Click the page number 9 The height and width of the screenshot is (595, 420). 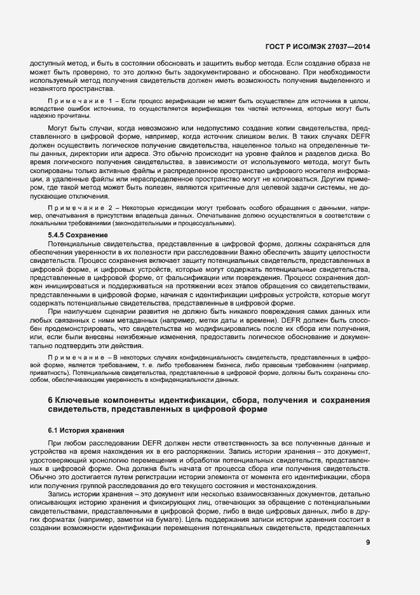[x=368, y=543]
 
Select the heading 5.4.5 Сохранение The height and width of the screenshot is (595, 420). [x=72, y=235]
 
